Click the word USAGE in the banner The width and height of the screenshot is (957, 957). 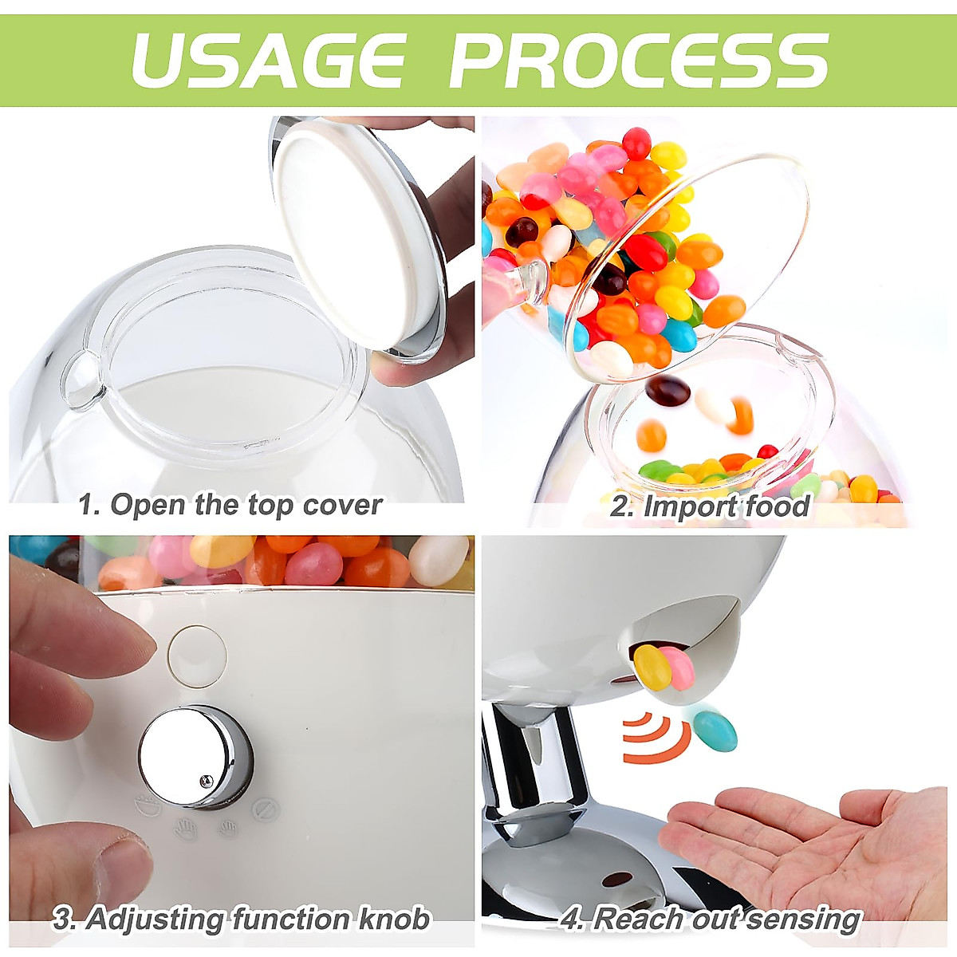click(269, 60)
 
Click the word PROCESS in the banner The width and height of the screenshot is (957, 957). click(638, 60)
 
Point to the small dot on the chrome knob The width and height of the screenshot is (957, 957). click(206, 781)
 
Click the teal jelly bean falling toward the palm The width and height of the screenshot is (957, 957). click(715, 730)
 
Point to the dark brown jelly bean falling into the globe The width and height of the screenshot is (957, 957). click(668, 390)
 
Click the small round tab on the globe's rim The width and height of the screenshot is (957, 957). click(82, 384)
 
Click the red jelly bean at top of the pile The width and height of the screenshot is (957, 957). click(636, 144)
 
